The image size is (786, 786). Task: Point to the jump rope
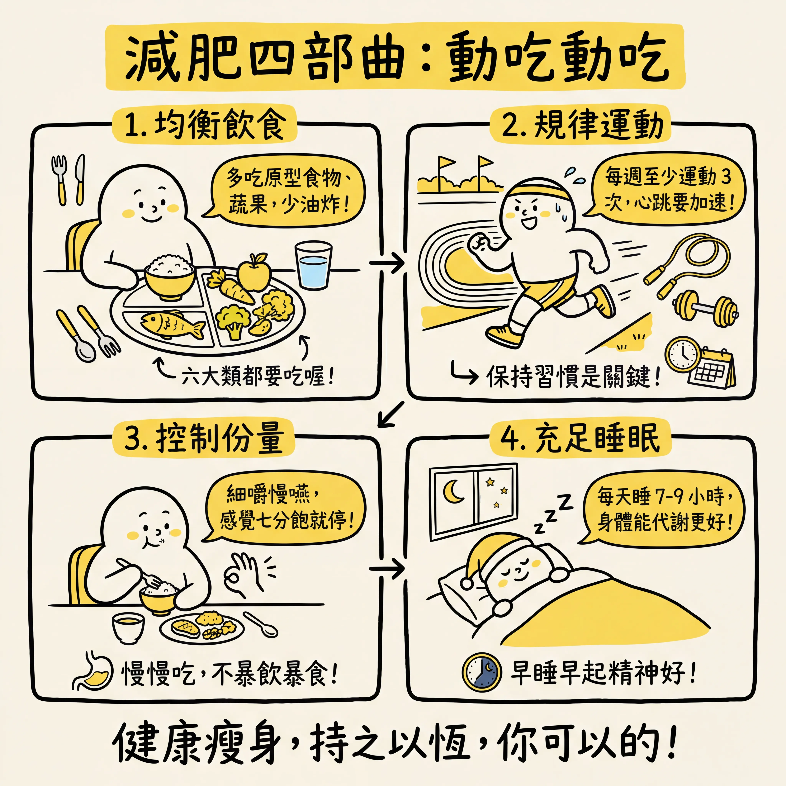(x=688, y=264)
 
